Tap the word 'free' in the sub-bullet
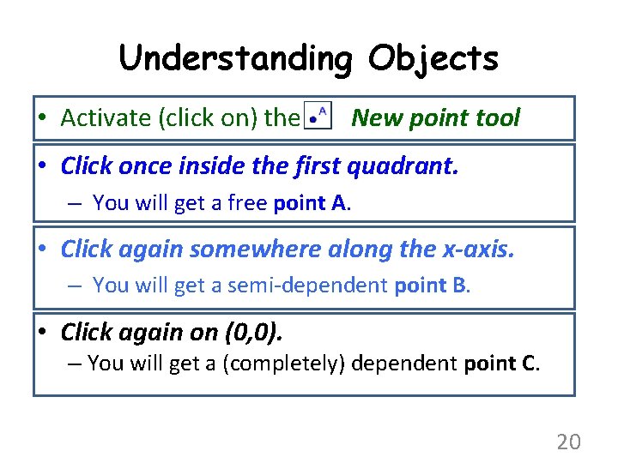(248, 203)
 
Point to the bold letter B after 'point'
(458, 285)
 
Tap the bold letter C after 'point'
(529, 364)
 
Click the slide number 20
(568, 442)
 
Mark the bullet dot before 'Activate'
(41, 119)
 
